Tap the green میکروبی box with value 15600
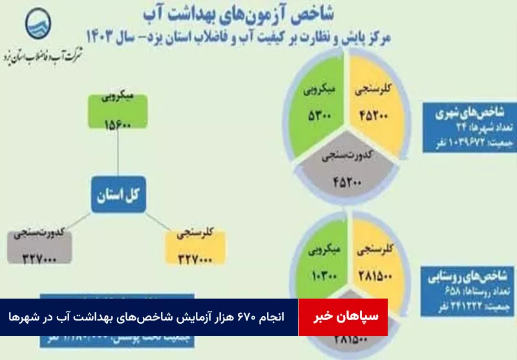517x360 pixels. (x=118, y=112)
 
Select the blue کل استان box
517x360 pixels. (x=118, y=194)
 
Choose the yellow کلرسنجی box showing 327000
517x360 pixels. (x=195, y=246)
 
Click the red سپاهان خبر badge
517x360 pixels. (x=343, y=317)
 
